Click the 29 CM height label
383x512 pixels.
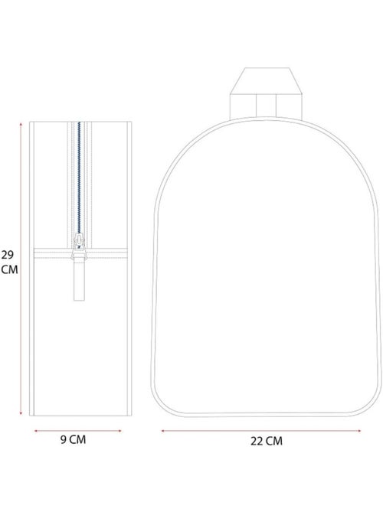point(9,262)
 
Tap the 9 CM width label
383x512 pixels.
point(74,439)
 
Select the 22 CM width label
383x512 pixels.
point(267,441)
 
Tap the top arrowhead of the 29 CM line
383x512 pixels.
point(21,124)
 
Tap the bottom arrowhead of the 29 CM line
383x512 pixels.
point(21,413)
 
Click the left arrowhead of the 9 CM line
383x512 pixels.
point(36,431)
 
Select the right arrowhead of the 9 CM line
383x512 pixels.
point(119,431)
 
